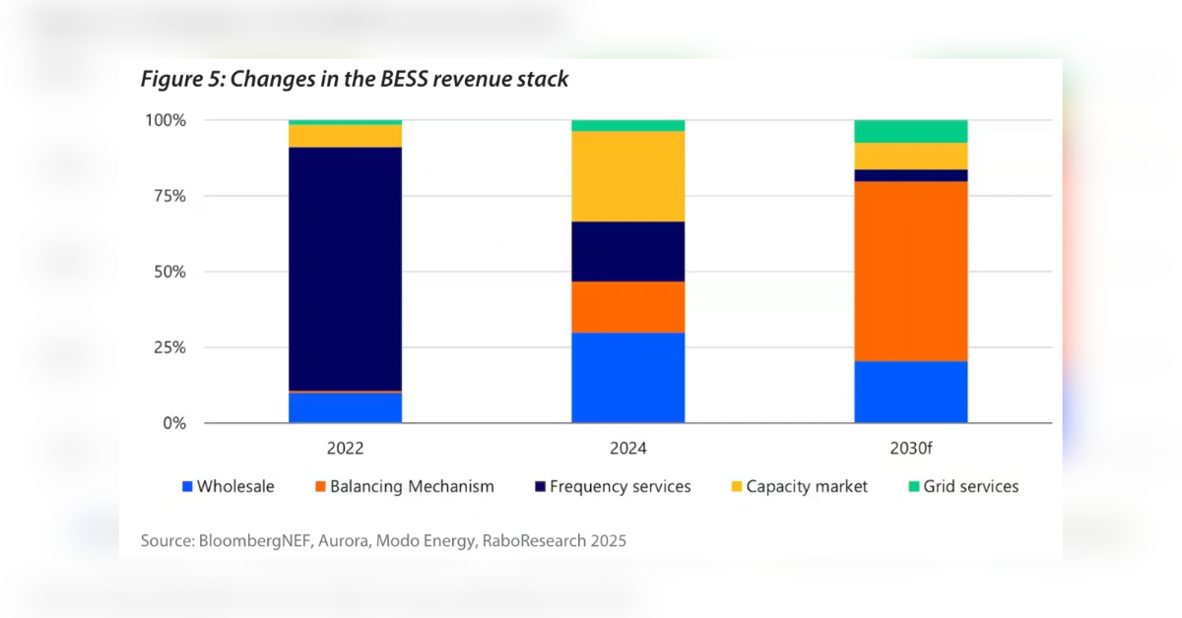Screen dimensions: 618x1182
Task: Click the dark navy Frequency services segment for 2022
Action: pyautogui.click(x=345, y=269)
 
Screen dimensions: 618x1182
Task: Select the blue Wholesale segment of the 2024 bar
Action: pyautogui.click(x=628, y=378)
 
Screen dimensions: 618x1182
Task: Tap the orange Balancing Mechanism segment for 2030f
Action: pyautogui.click(x=911, y=272)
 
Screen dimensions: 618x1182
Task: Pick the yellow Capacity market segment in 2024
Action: pyautogui.click(x=628, y=176)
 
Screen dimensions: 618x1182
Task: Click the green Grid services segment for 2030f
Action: pyautogui.click(x=911, y=131)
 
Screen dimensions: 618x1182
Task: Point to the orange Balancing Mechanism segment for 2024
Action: pyautogui.click(x=628, y=307)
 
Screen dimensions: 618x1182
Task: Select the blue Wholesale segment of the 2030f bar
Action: pyautogui.click(x=911, y=392)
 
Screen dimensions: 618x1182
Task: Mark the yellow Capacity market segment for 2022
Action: pyautogui.click(x=345, y=136)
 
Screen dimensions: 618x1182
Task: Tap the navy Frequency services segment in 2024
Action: pyautogui.click(x=628, y=251)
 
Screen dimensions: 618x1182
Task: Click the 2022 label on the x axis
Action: pyautogui.click(x=345, y=448)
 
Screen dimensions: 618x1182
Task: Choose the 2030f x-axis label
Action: pyautogui.click(x=911, y=448)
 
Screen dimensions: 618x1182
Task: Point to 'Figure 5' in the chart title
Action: pyautogui.click(x=178, y=80)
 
